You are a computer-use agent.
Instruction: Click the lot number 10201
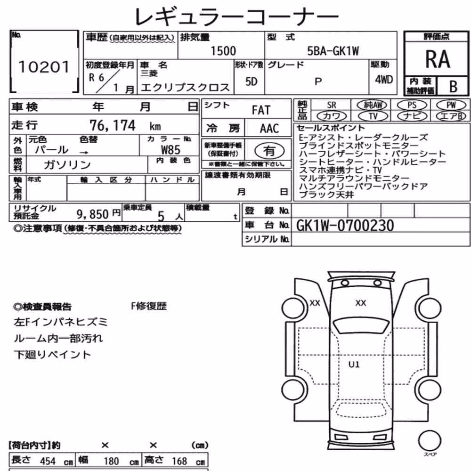point(44,67)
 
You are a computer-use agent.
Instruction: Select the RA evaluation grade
point(438,59)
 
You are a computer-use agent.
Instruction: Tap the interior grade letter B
point(453,87)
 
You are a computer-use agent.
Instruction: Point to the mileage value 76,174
point(113,126)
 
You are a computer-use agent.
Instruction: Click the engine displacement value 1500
point(223,51)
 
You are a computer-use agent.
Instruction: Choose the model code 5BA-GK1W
point(333,51)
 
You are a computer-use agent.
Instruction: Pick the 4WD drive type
point(384,80)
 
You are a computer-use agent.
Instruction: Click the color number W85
point(171,150)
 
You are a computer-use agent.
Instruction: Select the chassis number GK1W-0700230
point(345,226)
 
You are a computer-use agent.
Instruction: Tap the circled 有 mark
point(269,151)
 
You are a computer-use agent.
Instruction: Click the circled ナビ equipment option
point(412,116)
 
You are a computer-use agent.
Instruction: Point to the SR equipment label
point(332,105)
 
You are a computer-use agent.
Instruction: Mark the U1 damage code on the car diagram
point(354,365)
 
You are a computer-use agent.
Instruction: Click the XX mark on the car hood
point(361,303)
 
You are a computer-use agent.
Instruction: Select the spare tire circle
point(430,441)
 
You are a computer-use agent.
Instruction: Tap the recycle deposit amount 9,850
point(92,214)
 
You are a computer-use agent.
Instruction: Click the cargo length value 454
point(48,461)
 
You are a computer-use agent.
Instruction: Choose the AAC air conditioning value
point(269,129)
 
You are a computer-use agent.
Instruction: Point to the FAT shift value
point(261,110)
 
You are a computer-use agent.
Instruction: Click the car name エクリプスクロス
point(185,88)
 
